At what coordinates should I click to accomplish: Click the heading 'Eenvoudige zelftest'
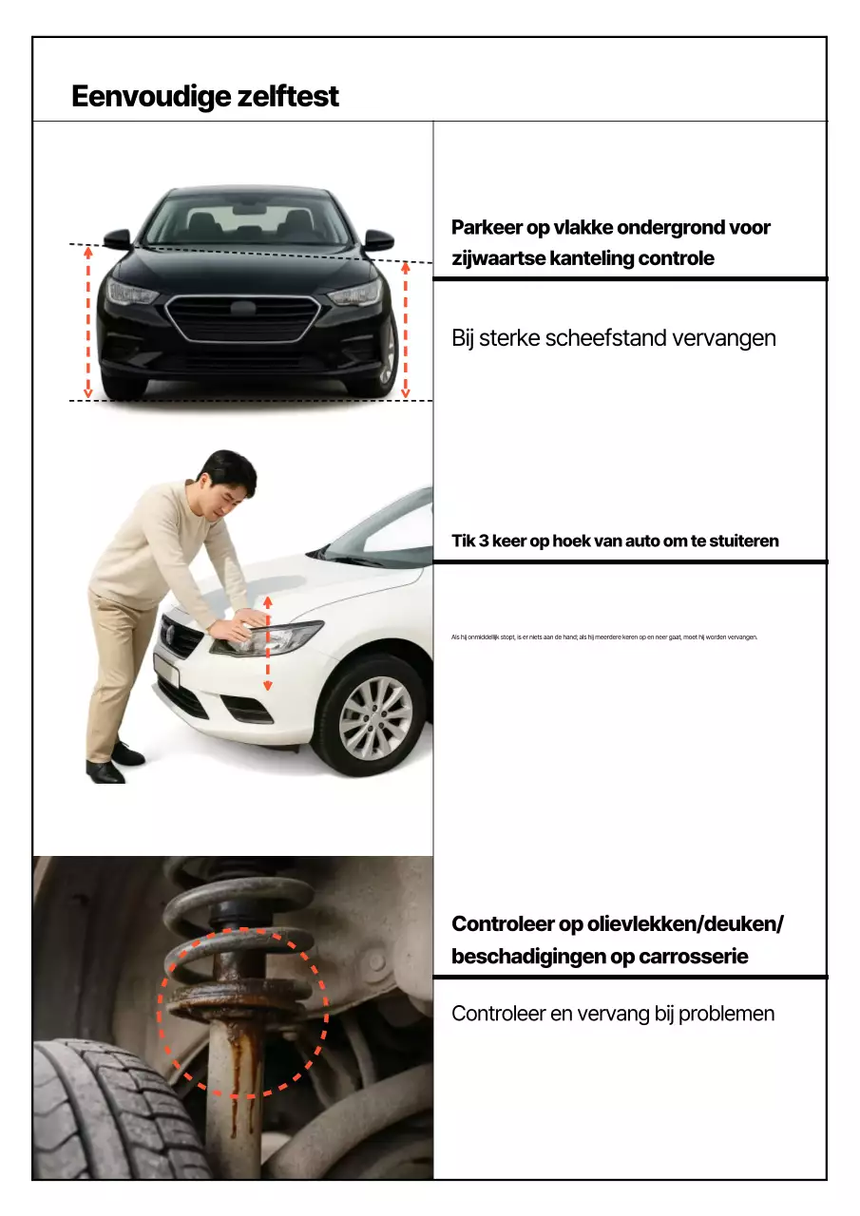click(204, 97)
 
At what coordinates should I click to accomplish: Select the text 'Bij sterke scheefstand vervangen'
click(613, 338)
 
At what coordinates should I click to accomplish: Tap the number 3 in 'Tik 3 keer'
click(498, 541)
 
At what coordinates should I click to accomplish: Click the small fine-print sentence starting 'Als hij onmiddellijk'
click(603, 637)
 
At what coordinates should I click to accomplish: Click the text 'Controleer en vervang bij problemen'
click(613, 1014)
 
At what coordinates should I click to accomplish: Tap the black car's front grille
click(242, 317)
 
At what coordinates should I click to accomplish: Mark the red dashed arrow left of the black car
click(87, 322)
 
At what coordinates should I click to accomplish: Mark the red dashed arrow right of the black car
click(406, 330)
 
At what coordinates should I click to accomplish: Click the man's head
click(229, 479)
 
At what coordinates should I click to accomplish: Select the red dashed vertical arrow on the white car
click(268, 644)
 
